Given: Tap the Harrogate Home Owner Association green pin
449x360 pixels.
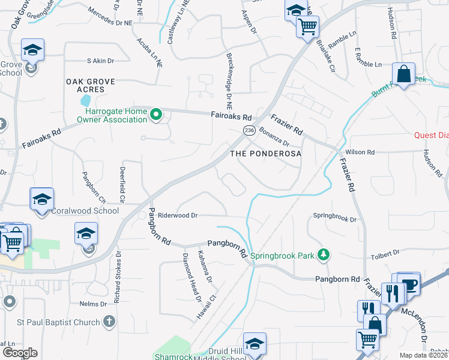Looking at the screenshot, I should point(156,113).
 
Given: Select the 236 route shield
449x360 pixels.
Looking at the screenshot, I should point(249,130).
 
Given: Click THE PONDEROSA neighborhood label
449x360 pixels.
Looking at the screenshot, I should point(265,154).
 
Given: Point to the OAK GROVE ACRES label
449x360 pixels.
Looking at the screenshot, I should point(85,85).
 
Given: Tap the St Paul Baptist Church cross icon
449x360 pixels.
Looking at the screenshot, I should point(109,322).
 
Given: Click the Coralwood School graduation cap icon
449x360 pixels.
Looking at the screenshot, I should point(41,199).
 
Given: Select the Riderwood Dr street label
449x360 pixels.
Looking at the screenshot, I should point(178,215).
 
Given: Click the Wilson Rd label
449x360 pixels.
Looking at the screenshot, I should point(363,153).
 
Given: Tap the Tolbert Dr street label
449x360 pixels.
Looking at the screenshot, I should point(385,254).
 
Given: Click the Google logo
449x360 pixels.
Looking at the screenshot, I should point(20,353).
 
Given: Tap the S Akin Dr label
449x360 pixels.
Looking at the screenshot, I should point(100,61).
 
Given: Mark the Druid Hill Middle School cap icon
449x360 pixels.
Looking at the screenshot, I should point(255,344).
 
